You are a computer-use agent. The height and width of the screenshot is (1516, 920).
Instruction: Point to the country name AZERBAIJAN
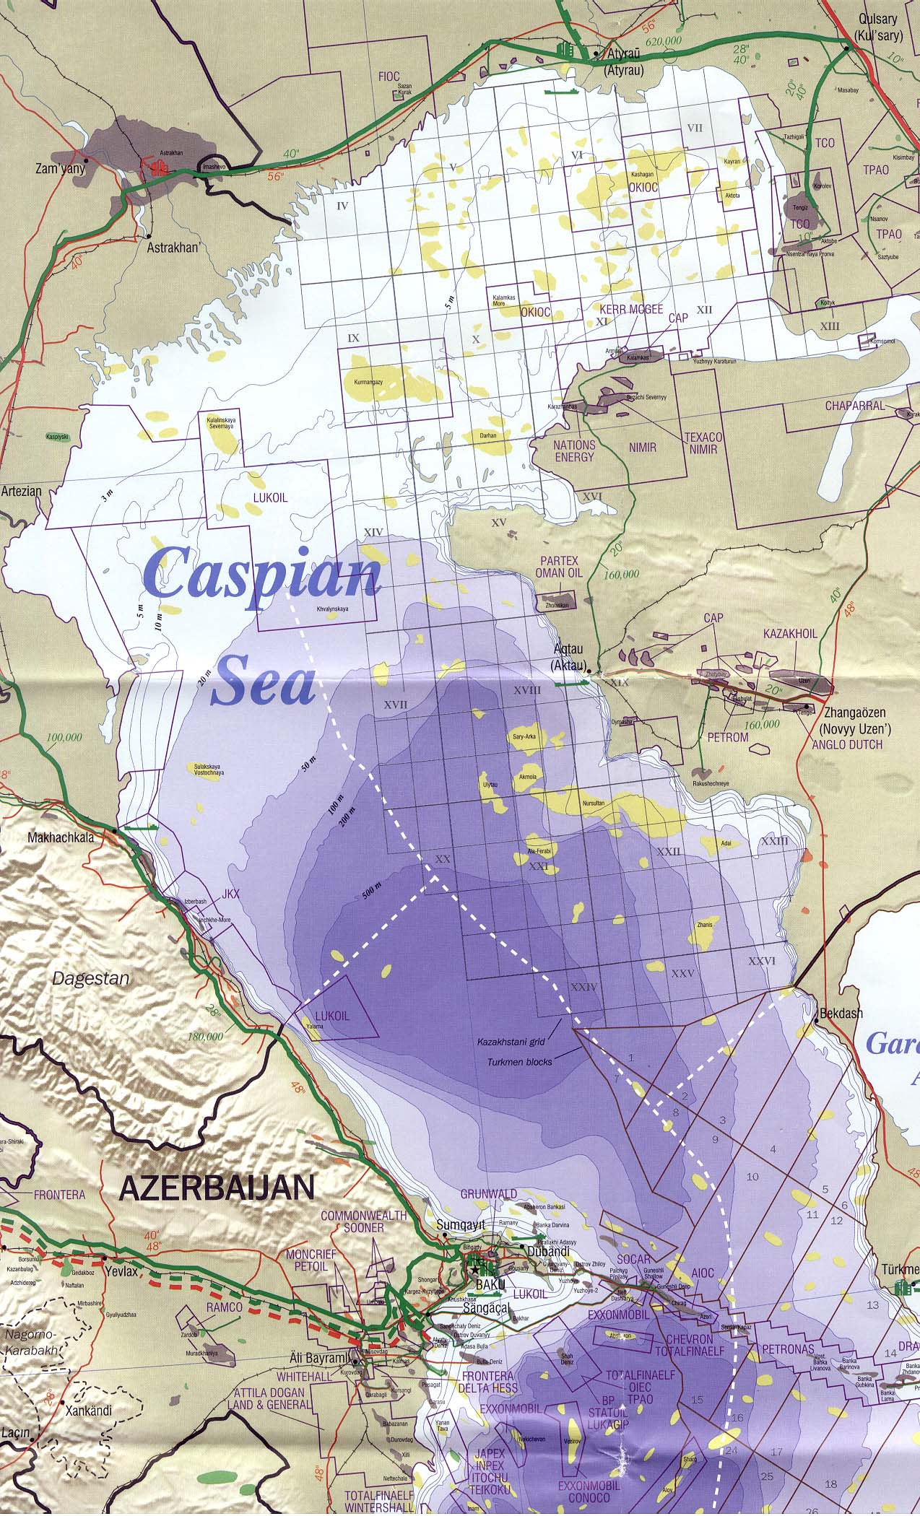[217, 1188]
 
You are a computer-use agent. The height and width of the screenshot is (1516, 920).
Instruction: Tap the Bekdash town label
[841, 1013]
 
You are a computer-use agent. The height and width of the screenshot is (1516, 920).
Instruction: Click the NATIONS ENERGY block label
[575, 451]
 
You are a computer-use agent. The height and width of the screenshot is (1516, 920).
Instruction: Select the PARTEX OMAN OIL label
[558, 567]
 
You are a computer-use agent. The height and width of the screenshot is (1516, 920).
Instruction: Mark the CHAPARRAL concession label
[855, 406]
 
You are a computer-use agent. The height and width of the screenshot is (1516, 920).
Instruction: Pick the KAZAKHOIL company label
[790, 633]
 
